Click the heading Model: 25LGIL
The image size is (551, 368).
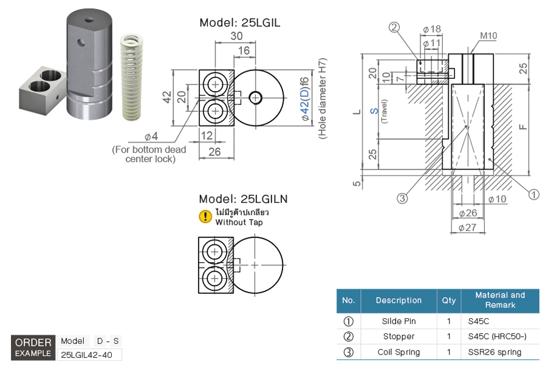click(240, 22)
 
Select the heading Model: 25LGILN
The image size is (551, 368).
click(243, 199)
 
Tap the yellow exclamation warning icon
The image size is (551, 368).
click(206, 217)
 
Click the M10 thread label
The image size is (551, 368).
click(488, 36)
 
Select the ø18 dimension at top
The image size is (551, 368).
click(431, 29)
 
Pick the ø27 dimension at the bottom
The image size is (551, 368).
click(467, 228)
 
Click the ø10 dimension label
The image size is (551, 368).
click(496, 199)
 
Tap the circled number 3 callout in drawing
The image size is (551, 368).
click(402, 198)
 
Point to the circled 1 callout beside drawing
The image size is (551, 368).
click(534, 194)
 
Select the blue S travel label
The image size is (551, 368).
click(374, 111)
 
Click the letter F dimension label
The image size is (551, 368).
click(523, 126)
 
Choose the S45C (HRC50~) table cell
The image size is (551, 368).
click(493, 336)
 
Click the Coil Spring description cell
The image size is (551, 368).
click(399, 352)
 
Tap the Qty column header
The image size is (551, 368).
click(448, 301)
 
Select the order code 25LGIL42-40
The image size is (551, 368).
click(89, 355)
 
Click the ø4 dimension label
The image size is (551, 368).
click(151, 136)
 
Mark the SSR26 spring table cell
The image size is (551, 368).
click(494, 352)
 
